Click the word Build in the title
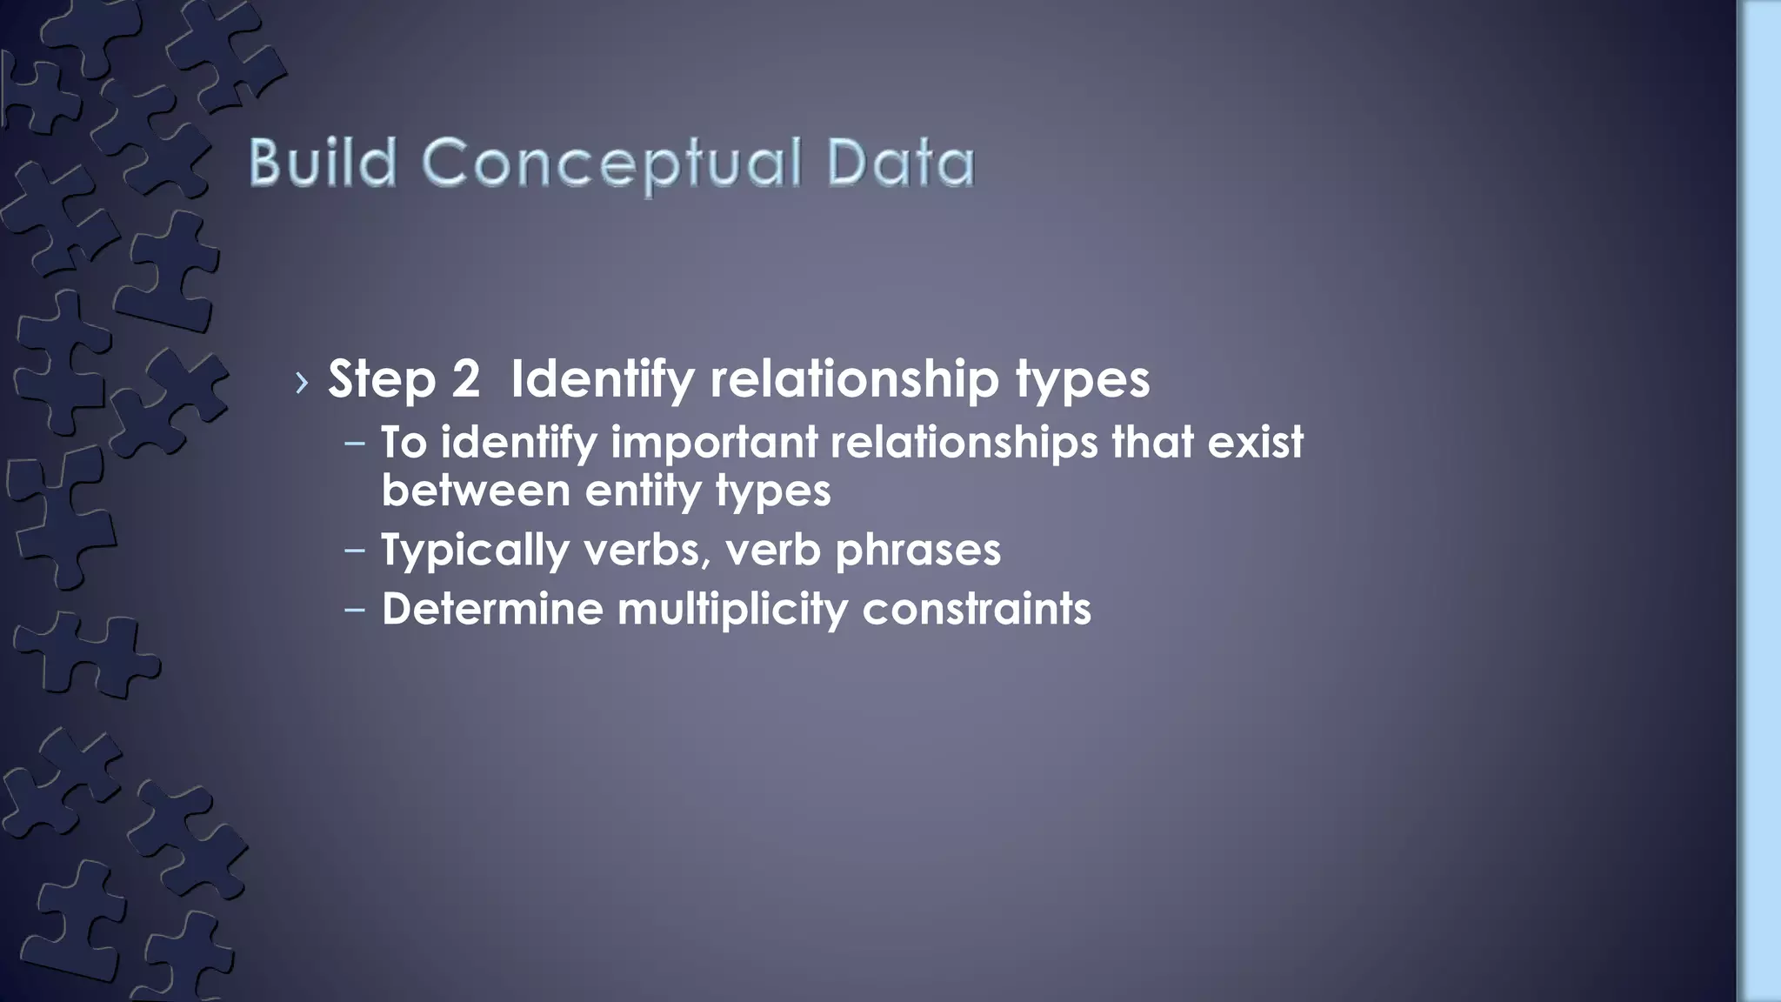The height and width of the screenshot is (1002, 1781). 323,163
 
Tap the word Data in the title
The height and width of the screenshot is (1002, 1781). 901,164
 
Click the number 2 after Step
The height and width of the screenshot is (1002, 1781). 465,379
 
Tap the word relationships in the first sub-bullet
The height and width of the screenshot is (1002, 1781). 964,442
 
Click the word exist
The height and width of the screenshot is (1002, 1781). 1255,442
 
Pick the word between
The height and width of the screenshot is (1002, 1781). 475,491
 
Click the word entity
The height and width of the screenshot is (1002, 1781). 643,491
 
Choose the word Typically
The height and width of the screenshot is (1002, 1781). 475,551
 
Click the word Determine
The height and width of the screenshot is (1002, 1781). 492,608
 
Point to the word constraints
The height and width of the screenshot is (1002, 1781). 976,608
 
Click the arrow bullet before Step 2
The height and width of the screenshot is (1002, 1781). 302,382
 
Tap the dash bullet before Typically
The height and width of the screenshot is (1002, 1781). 355,551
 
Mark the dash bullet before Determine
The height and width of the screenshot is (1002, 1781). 355,609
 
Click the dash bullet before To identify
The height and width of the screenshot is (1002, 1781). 355,443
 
